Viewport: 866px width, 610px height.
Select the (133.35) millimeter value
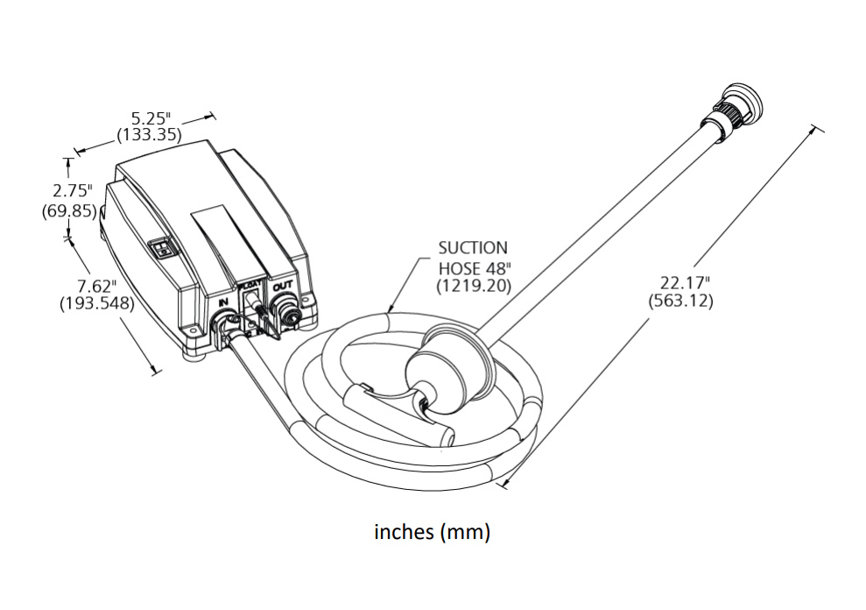point(149,136)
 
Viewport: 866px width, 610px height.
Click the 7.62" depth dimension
point(97,287)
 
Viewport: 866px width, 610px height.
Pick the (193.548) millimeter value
point(97,304)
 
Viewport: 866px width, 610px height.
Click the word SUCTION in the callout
point(473,249)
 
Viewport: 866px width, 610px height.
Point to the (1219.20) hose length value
point(473,286)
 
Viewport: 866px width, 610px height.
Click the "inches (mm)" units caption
point(432,532)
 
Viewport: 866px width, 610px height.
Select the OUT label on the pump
point(281,287)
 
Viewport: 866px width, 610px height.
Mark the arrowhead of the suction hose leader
point(388,310)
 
